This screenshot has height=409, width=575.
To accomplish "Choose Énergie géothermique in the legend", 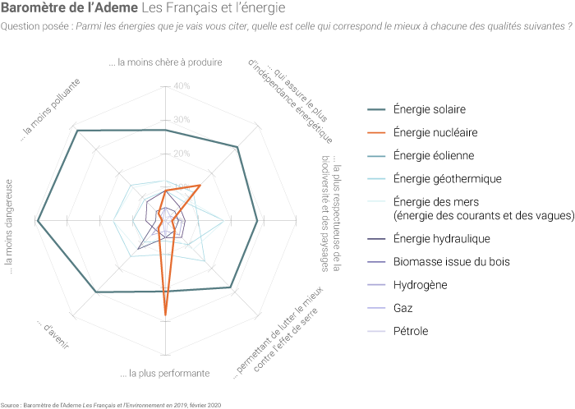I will (447, 178).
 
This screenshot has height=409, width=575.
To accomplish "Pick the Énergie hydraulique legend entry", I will (442, 239).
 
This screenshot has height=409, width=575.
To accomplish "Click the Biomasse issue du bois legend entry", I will (452, 262).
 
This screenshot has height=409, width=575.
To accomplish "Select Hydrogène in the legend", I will (420, 285).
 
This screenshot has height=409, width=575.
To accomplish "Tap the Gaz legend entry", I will (403, 308).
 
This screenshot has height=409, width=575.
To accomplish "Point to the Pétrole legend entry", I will (411, 331).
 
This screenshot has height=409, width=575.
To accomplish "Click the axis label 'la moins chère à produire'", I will (164, 62).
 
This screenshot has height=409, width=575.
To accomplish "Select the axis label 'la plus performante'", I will (164, 374).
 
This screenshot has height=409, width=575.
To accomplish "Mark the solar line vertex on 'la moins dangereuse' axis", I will (38, 219).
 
